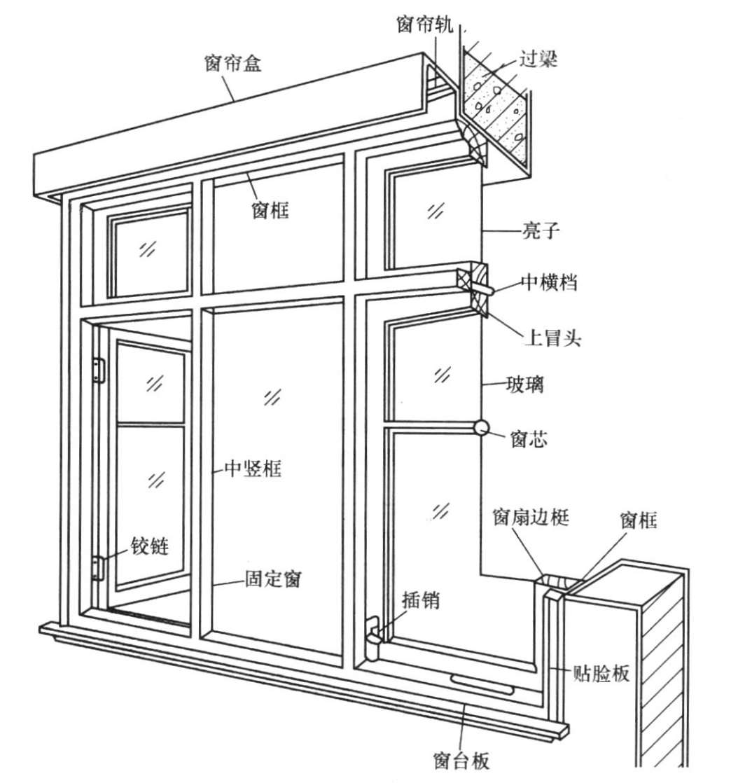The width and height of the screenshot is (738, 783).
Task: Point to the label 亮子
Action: tap(542, 230)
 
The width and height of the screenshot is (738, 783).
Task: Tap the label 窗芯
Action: tap(530, 440)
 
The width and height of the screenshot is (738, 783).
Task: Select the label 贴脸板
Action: tap(601, 673)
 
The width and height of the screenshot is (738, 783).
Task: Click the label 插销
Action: tap(421, 600)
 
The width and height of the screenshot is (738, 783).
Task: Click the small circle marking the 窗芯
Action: tap(481, 427)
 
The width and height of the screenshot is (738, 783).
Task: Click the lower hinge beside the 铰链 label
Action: tap(99, 566)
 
